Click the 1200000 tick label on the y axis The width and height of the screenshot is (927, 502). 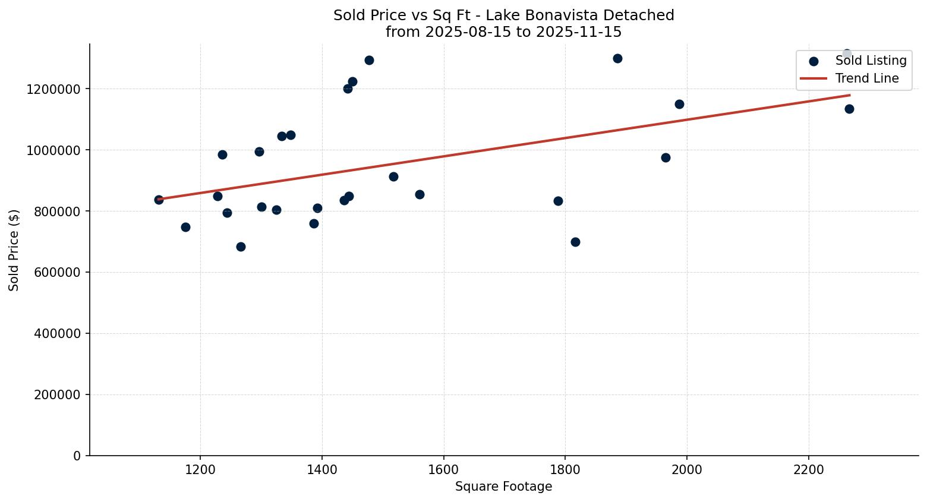tap(53, 89)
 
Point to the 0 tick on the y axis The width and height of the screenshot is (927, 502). tap(77, 456)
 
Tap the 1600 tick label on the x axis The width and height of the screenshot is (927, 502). tap(443, 470)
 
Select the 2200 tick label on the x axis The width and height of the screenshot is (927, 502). tap(809, 470)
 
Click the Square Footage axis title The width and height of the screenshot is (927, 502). tap(503, 487)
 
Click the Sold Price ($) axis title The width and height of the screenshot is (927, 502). tap(14, 250)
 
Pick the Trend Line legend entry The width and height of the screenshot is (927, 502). tap(866, 78)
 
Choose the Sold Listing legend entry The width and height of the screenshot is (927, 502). tap(871, 61)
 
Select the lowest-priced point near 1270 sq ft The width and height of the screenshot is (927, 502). tap(241, 247)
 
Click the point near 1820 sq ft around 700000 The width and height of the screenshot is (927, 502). tap(575, 242)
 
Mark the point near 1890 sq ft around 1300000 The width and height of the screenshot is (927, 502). tap(617, 58)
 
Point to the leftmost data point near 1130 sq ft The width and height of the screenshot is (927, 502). tap(159, 200)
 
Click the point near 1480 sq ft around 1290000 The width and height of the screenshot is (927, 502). tap(369, 60)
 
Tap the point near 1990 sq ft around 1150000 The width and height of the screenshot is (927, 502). tap(679, 104)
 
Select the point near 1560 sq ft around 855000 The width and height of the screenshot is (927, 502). tap(420, 194)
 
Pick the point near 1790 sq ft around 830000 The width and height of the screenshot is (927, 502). tap(558, 201)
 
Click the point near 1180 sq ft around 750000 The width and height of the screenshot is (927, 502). tap(185, 227)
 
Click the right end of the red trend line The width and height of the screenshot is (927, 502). tap(850, 95)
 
